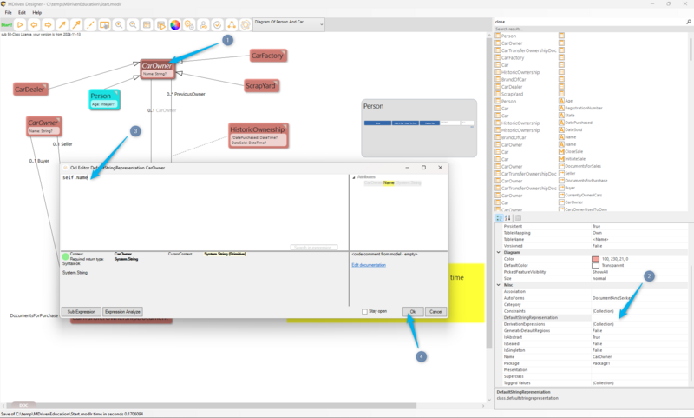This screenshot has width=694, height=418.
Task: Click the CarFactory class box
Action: [267, 56]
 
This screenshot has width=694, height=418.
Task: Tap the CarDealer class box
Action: [30, 89]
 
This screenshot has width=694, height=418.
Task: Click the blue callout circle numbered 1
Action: [227, 40]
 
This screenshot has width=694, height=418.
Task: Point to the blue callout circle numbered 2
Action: [647, 276]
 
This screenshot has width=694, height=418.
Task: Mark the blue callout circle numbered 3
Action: [134, 131]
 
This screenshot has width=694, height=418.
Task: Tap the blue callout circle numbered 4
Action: [422, 355]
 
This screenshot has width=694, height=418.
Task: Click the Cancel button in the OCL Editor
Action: [435, 311]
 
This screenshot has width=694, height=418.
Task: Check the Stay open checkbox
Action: [364, 311]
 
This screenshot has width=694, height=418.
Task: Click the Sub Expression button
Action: [80, 311]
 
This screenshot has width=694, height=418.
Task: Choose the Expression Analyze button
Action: [121, 311]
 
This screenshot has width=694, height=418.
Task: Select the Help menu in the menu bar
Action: [36, 13]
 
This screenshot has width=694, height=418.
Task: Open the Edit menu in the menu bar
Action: [22, 13]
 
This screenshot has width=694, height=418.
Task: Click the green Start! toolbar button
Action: [6, 25]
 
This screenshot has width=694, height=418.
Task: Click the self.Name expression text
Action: [75, 177]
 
